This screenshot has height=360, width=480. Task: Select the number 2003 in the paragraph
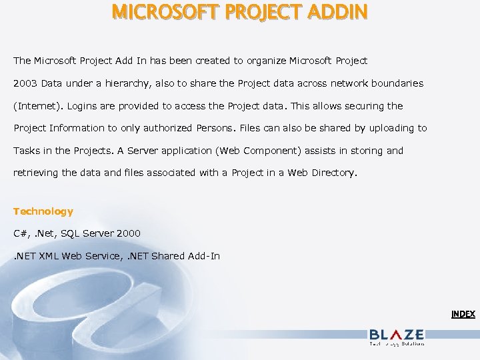tap(25, 83)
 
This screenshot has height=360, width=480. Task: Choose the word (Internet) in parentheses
tap(39, 106)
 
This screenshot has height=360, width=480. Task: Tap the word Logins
tap(83, 106)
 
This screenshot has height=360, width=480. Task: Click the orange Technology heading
tap(43, 211)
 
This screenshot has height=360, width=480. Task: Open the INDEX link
tap(463, 313)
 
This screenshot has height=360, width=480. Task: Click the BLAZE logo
tap(396, 335)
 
